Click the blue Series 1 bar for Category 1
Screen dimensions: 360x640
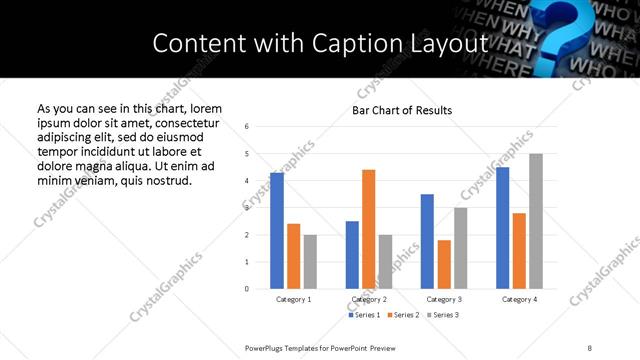[x=277, y=231]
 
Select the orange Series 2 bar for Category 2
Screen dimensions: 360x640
[x=368, y=229]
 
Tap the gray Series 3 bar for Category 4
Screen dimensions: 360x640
[x=536, y=221]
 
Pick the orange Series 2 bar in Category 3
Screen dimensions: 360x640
[x=444, y=264]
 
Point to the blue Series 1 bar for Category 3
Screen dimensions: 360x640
[x=427, y=241]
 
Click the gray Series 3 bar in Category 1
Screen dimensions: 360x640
[x=310, y=262]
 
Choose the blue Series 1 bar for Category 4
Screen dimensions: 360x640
[x=503, y=228]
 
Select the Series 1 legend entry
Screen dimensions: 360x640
[x=364, y=315]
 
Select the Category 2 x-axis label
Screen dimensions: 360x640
[x=369, y=299]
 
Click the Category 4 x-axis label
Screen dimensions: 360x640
[x=519, y=299]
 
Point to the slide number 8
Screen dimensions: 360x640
[x=589, y=348]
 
